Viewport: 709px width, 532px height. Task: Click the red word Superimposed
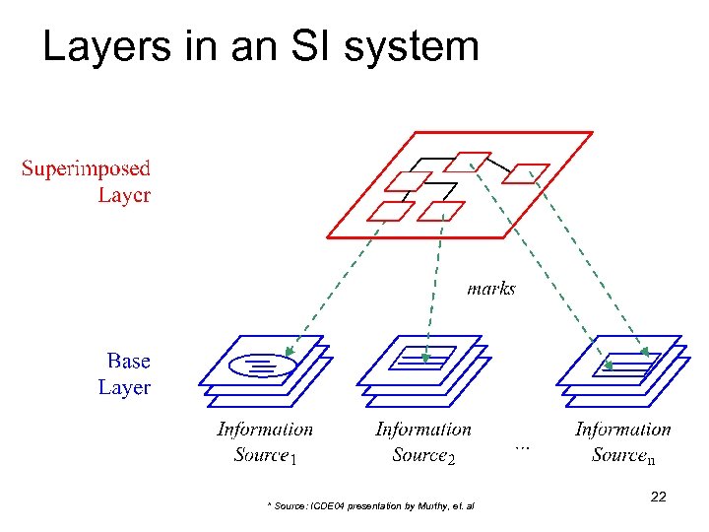tap(87, 169)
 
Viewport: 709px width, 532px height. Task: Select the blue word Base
tap(128, 362)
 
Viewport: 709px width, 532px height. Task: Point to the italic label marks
tap(490, 289)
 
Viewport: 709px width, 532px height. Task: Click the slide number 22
tap(658, 498)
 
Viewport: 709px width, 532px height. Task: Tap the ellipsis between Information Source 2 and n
tap(523, 445)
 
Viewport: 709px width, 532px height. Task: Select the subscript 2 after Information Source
tap(450, 457)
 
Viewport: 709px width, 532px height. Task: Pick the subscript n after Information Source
tap(651, 458)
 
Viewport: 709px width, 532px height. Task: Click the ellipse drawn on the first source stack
tap(261, 366)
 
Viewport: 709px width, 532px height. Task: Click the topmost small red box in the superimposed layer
tap(474, 161)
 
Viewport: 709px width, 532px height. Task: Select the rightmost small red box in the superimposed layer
tap(526, 173)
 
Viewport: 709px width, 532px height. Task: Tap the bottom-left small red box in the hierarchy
tap(391, 211)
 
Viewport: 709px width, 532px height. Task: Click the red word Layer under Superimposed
tap(124, 194)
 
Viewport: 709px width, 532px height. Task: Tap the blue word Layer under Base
tap(124, 387)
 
